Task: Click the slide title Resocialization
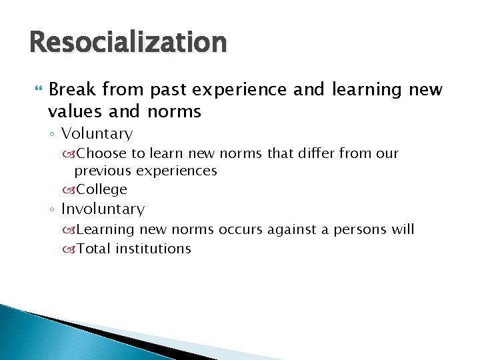coord(128,43)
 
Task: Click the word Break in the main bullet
coord(73,89)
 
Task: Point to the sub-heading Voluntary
coord(97,133)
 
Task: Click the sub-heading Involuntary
coord(103,209)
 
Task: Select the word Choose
coord(101,153)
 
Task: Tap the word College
coord(101,189)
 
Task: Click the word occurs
coord(241,230)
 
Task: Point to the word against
coord(290,230)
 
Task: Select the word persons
coord(356,230)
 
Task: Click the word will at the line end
coord(402,230)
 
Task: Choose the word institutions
coord(153,249)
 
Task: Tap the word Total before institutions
coord(94,249)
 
